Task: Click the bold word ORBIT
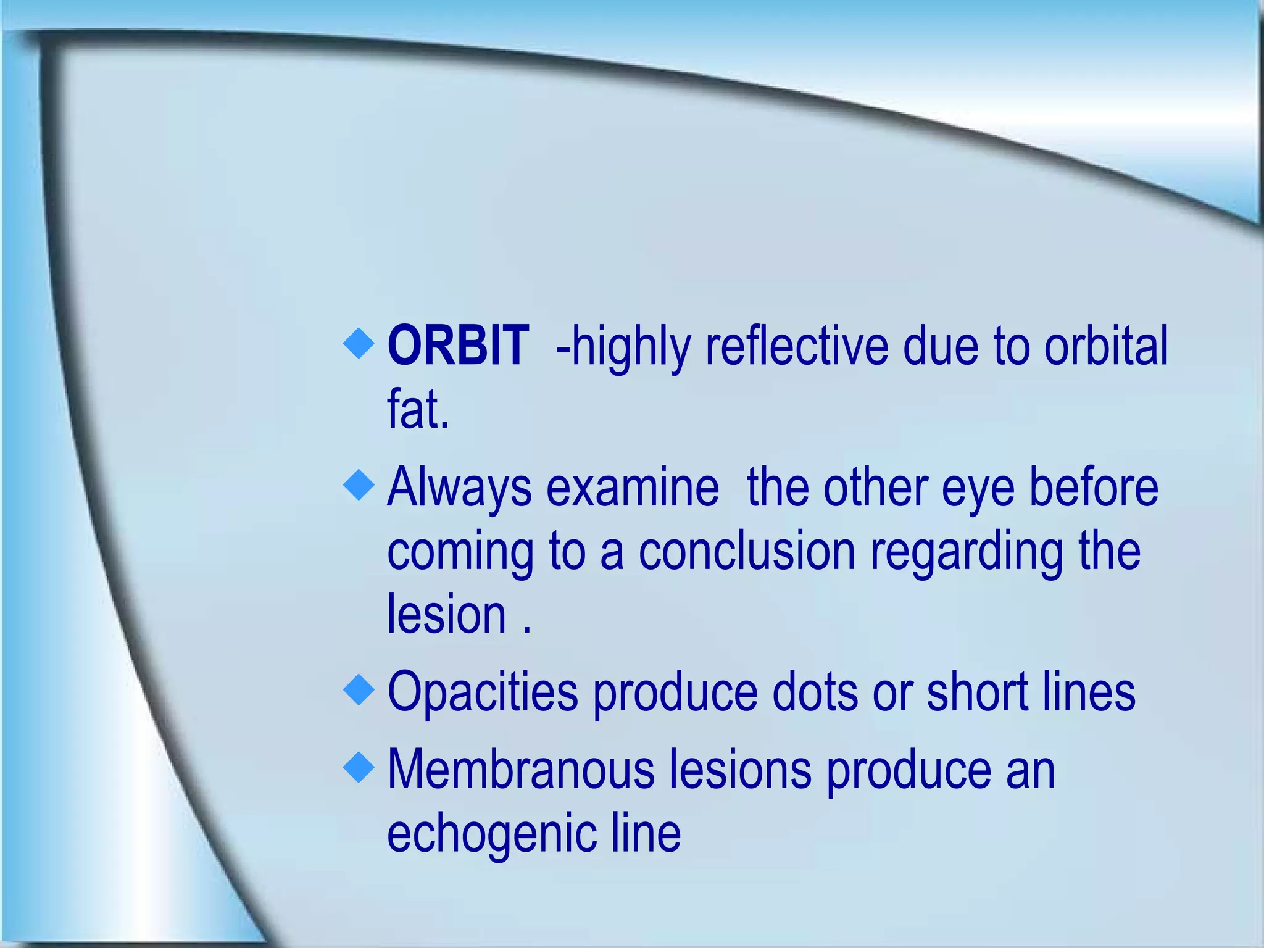pyautogui.click(x=457, y=346)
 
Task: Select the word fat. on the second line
pyautogui.click(x=418, y=410)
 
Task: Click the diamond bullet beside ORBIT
pyautogui.click(x=359, y=343)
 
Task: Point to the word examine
pyautogui.click(x=633, y=488)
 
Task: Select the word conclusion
pyautogui.click(x=747, y=551)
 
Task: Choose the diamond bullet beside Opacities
pyautogui.click(x=359, y=689)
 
